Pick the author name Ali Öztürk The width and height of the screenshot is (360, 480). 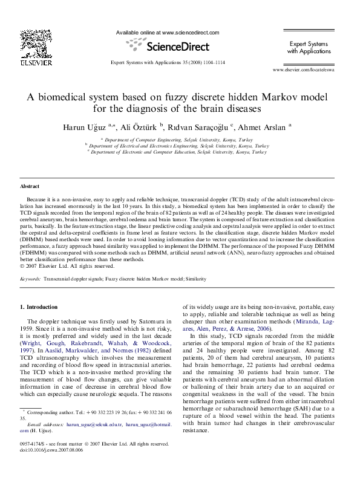pos(140,128)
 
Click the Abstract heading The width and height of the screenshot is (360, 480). pos(30,187)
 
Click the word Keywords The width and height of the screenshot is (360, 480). pos(30,279)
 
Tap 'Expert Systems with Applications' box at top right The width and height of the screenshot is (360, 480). pos(309,48)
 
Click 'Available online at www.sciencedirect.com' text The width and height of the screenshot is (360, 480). pos(167,33)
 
